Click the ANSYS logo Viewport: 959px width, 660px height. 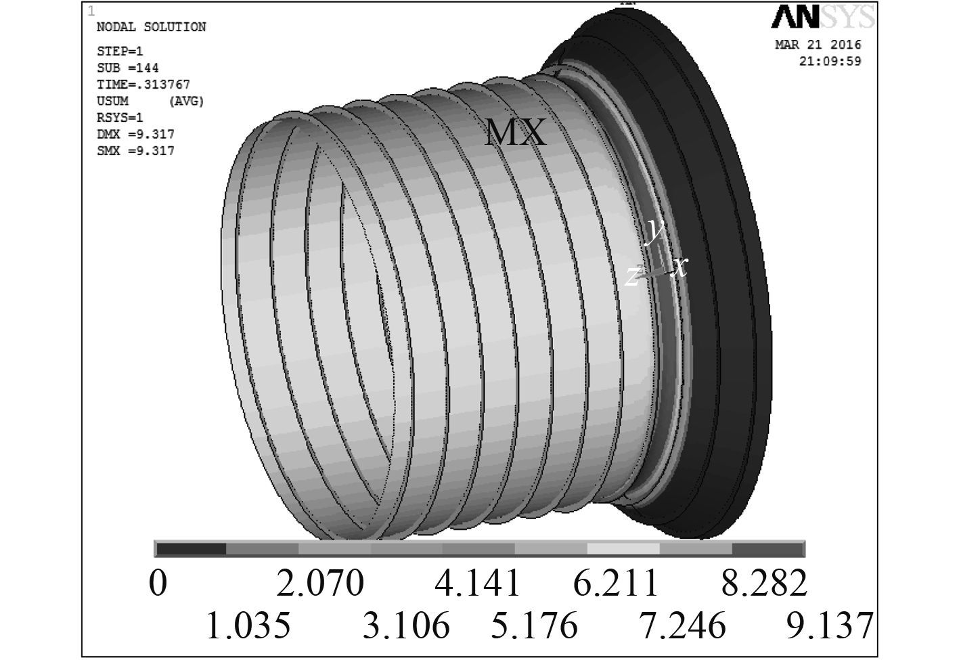pyautogui.click(x=823, y=17)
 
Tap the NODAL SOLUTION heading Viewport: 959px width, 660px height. pyautogui.click(x=151, y=27)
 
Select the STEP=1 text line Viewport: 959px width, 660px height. pyautogui.click(x=120, y=51)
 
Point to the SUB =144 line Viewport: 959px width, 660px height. pyautogui.click(x=128, y=68)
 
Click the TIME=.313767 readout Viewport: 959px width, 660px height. pyautogui.click(x=143, y=85)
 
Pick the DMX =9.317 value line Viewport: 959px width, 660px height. pyautogui.click(x=135, y=135)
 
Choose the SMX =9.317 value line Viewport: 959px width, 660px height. pyautogui.click(x=135, y=151)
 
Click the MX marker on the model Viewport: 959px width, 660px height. pyautogui.click(x=515, y=133)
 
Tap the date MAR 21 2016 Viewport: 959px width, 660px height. pyautogui.click(x=818, y=45)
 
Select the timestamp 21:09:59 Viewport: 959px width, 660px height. pyautogui.click(x=830, y=61)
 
